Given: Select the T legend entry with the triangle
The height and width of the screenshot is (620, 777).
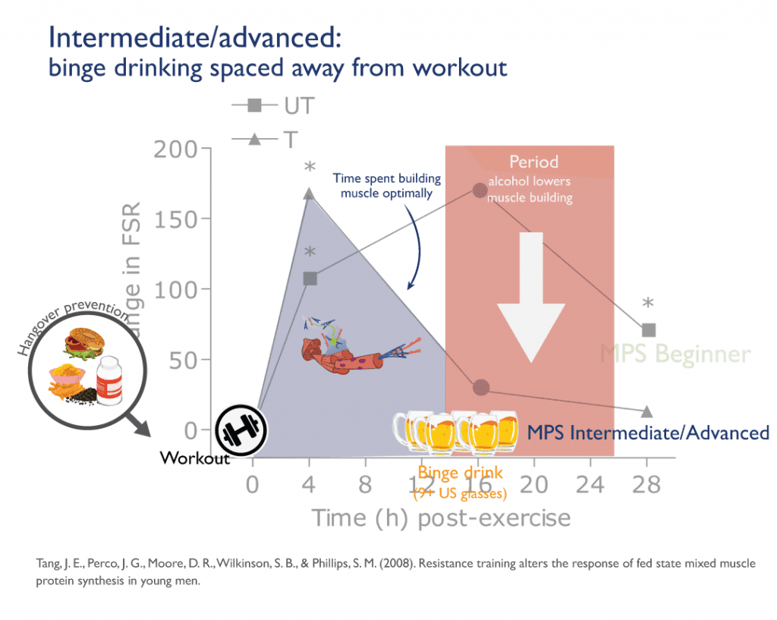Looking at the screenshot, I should (271, 139).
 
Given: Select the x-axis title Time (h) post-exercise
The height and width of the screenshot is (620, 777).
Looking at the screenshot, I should (440, 518).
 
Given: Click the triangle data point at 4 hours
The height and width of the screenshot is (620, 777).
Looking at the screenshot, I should (309, 194).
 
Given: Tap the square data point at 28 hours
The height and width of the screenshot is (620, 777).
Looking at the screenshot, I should (648, 330).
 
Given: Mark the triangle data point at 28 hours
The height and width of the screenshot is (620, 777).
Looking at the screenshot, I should (647, 411).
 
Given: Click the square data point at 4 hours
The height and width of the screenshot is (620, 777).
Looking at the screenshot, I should (310, 279).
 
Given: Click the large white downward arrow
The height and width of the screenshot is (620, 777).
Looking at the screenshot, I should (531, 296).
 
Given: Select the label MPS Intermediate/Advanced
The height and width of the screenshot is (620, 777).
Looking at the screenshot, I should (648, 433).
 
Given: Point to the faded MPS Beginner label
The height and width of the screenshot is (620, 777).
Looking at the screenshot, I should (675, 354).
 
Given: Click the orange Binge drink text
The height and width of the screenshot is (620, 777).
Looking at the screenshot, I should (460, 474).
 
